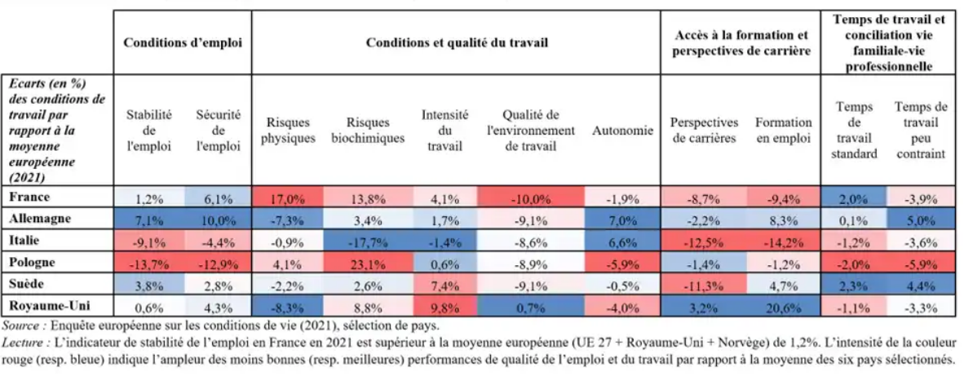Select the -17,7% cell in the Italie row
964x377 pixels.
[x=367, y=242]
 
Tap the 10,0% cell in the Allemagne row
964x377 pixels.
[x=218, y=220]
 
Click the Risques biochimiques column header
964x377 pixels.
[x=367, y=131]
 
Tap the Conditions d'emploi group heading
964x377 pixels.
[x=183, y=42]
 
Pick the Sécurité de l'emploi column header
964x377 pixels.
[x=218, y=131]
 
